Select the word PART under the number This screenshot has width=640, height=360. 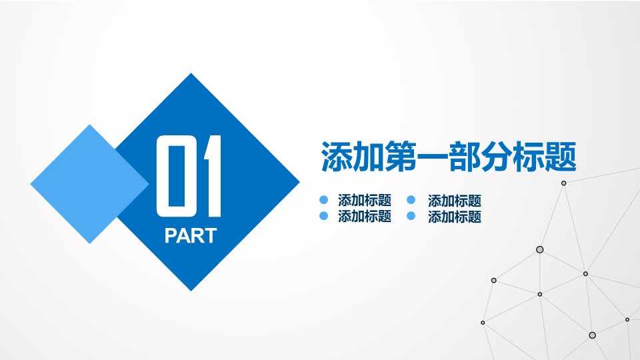pos(191,236)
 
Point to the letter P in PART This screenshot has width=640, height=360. pos(171,236)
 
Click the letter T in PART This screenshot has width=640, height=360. pos(210,236)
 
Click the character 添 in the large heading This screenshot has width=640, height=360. pos(335,157)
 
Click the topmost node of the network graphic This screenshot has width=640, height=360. pos(563,183)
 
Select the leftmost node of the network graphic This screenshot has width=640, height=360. pos(483,323)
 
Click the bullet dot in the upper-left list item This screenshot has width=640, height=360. pos(324,200)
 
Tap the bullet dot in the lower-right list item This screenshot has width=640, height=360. pos(411,216)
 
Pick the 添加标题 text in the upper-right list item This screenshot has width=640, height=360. pos(455,200)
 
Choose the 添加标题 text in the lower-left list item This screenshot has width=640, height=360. pos(365,216)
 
